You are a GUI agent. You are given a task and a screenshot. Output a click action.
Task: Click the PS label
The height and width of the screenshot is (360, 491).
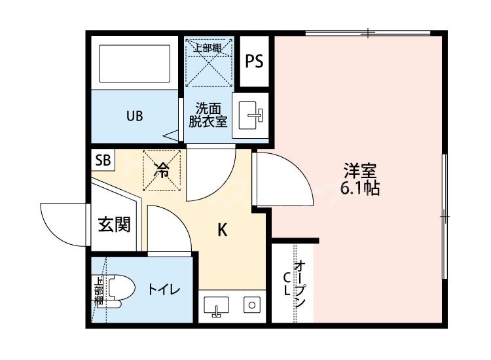pos(255,62)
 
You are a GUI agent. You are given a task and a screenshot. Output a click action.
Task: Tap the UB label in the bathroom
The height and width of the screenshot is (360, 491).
pos(134,117)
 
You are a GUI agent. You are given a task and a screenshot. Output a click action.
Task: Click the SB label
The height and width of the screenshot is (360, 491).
pos(103,160)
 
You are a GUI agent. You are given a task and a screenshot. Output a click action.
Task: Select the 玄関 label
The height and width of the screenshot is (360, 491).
pos(114,225)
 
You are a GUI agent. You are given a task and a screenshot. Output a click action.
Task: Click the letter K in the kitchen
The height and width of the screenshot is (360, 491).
pos(223,230)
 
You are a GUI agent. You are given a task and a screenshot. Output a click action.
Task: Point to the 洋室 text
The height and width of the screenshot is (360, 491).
pos(360,172)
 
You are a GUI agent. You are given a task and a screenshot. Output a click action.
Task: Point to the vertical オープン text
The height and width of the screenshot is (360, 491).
pos(300,285)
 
